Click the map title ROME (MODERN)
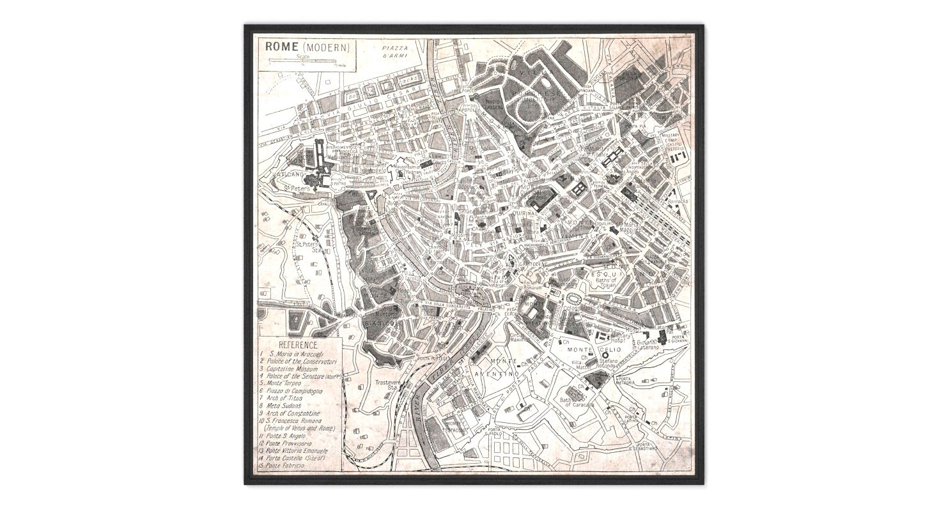pyautogui.click(x=304, y=47)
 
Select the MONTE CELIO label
pyautogui.click(x=582, y=349)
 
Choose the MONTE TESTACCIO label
pyautogui.click(x=456, y=425)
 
